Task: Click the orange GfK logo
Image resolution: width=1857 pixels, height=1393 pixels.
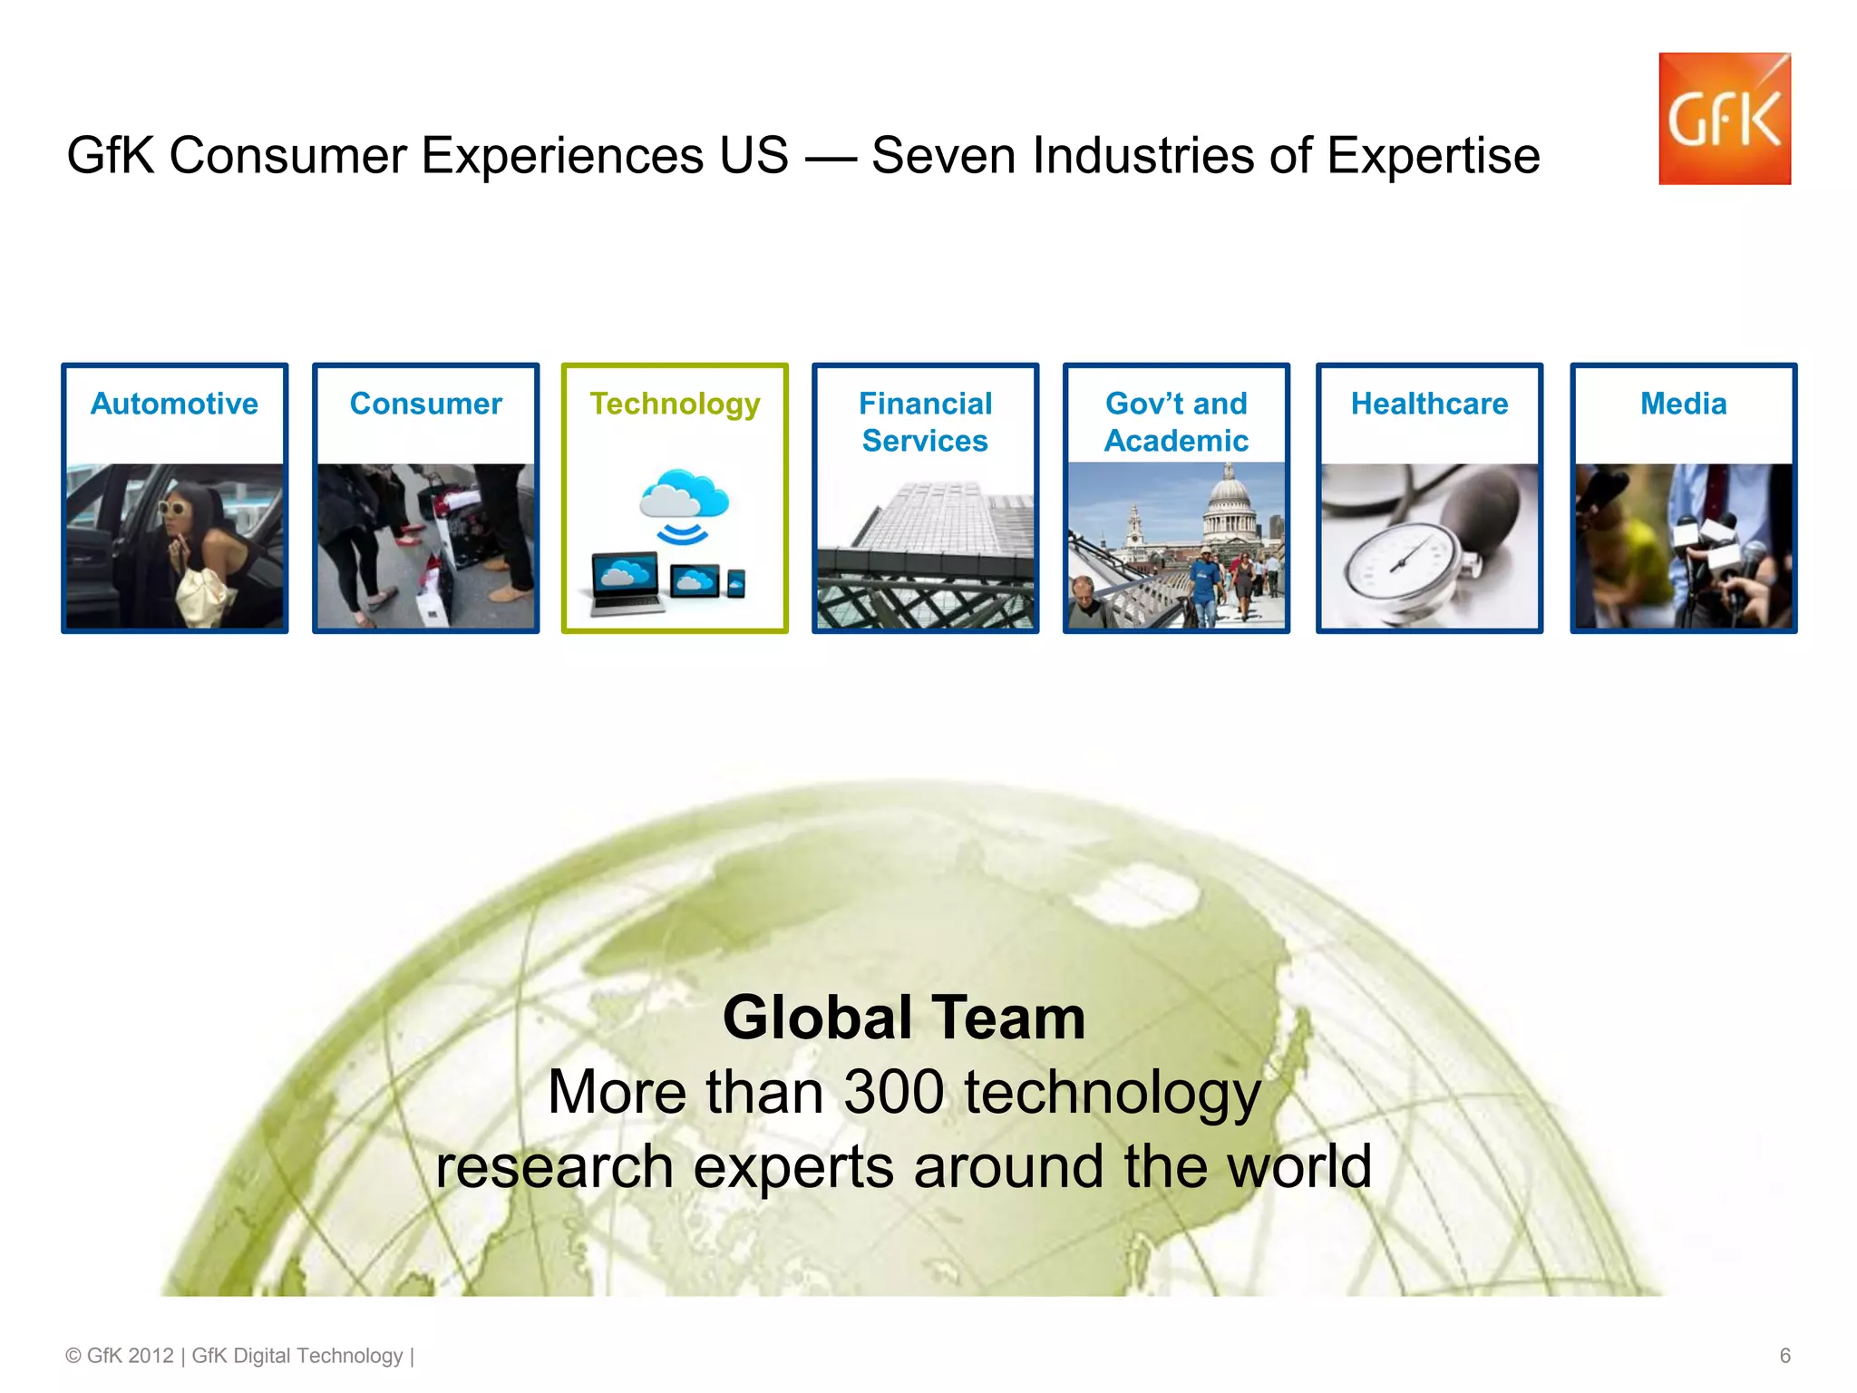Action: (1724, 119)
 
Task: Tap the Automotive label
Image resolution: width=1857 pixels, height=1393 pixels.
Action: (174, 404)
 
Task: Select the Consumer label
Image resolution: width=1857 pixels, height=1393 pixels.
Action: (425, 404)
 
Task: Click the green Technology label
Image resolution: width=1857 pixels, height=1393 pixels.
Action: (675, 404)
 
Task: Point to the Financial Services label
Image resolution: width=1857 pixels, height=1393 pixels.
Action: (925, 422)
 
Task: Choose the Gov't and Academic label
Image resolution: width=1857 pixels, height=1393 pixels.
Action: (1176, 422)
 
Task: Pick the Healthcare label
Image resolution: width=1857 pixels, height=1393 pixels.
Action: (1429, 404)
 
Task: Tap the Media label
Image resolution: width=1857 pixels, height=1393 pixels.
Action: (1683, 404)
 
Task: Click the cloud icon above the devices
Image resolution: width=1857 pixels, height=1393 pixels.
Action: (684, 494)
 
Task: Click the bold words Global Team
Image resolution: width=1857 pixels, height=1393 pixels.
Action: (904, 1018)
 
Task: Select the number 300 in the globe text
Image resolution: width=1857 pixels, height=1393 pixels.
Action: (894, 1092)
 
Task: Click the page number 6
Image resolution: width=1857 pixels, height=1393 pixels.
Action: (1784, 1356)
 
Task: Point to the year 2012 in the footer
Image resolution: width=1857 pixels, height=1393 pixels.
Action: (150, 1356)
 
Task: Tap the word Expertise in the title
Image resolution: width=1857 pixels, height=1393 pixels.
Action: (1433, 155)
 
